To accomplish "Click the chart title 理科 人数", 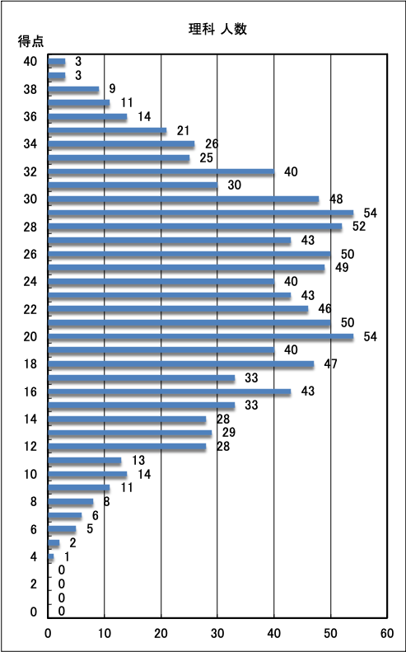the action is click(217, 30).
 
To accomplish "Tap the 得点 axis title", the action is click(30, 41).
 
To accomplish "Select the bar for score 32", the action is click(161, 171).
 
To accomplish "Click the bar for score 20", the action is click(201, 336).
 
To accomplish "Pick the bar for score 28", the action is click(195, 227).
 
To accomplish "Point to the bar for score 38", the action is click(73, 89).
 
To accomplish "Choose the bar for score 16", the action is click(170, 392).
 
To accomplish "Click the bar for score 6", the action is click(62, 529).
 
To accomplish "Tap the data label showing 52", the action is click(359, 227).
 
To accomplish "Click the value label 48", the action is click(336, 199).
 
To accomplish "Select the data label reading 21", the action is click(183, 130).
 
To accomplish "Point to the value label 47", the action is click(331, 364).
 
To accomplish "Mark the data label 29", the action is click(229, 433).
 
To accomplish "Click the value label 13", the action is click(138, 460).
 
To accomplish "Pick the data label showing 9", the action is click(112, 89).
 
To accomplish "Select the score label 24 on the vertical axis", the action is click(30, 282).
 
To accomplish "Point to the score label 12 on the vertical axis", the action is click(30, 447).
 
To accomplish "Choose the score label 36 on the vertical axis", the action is click(30, 117).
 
